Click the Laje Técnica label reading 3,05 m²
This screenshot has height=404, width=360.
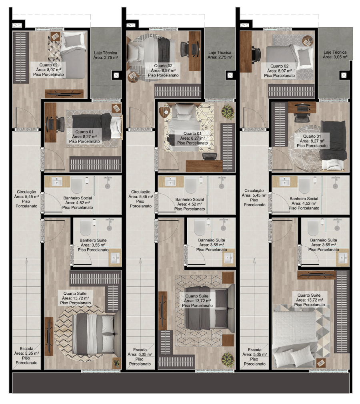tap(335, 54)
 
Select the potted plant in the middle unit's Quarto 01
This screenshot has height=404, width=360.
tap(228, 112)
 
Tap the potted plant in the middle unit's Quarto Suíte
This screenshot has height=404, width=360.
tap(228, 360)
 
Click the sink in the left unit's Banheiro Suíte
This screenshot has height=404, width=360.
tap(114, 257)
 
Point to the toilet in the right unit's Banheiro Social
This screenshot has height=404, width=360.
tap(304, 185)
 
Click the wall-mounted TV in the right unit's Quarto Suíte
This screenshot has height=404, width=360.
tap(316, 275)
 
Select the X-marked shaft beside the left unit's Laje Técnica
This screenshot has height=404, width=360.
tap(116, 75)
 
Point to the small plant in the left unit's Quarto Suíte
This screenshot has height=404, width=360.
tap(116, 363)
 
